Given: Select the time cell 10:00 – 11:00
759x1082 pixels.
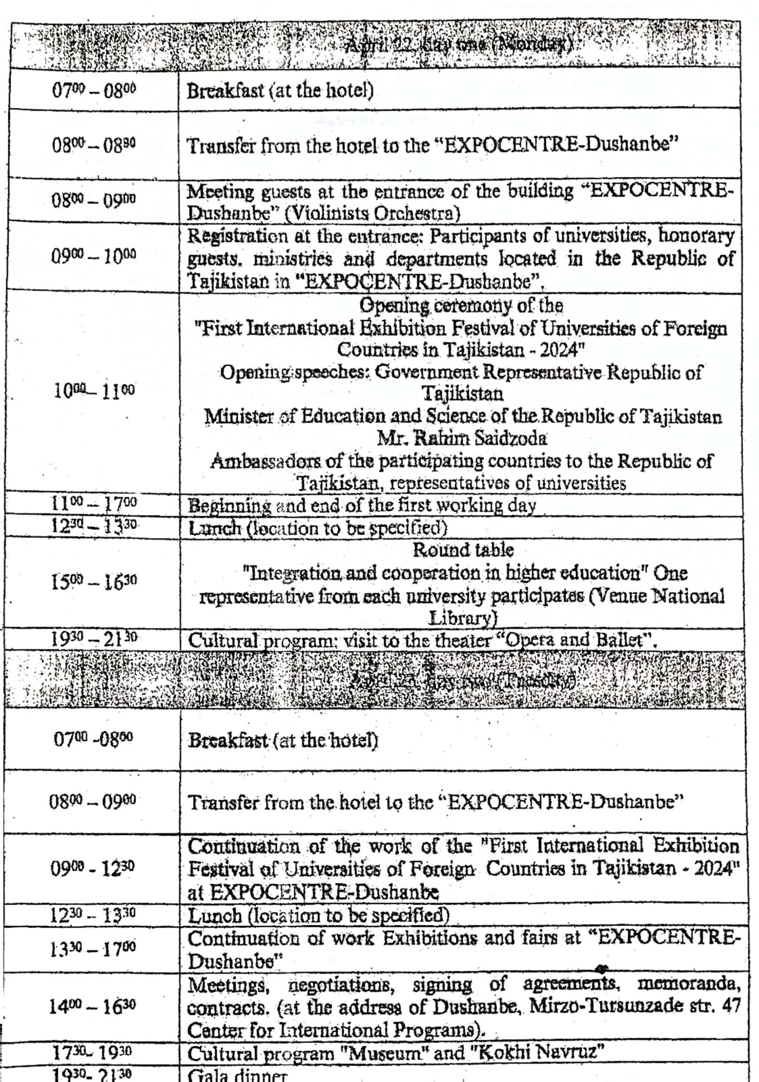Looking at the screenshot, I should pyautogui.click(x=94, y=390).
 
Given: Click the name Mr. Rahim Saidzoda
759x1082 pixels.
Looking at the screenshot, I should pyautogui.click(x=461, y=438).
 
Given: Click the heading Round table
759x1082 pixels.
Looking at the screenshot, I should pyautogui.click(x=463, y=549).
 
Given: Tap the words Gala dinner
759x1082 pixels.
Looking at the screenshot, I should pyautogui.click(x=237, y=1075).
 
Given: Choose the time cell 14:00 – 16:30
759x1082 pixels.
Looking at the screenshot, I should pyautogui.click(x=92, y=1006).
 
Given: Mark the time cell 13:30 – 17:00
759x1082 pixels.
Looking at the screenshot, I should pyautogui.click(x=92, y=948).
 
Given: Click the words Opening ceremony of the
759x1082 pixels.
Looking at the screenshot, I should pyautogui.click(x=461, y=305).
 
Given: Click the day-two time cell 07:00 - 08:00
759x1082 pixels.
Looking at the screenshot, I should pyautogui.click(x=92, y=738).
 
